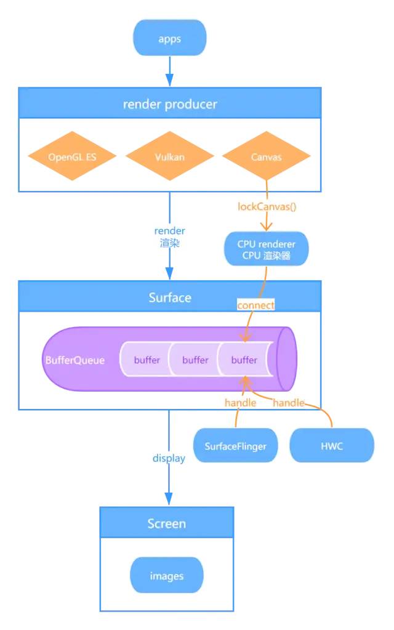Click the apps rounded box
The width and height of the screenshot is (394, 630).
[x=169, y=39]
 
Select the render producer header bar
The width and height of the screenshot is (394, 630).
[x=169, y=103]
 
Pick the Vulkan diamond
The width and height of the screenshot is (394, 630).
[x=169, y=156]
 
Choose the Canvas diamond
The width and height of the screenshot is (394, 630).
[x=266, y=156]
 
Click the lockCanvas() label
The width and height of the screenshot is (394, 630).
[x=267, y=206]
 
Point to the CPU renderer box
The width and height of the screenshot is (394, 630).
[x=266, y=249]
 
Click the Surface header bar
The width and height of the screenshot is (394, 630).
[x=169, y=297]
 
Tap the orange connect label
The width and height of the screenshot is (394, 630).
[x=255, y=305]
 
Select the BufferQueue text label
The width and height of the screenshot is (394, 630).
[x=74, y=360]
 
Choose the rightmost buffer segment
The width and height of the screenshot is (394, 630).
[x=244, y=360]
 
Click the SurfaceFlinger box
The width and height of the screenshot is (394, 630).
[x=236, y=446]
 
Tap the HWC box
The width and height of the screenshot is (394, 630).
[x=331, y=446]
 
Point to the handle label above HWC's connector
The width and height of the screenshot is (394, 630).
[x=288, y=403]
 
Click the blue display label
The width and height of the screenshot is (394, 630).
[x=169, y=458]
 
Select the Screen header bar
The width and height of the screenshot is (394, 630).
[x=167, y=523]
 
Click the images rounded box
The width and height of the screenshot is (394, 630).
[x=167, y=576]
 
